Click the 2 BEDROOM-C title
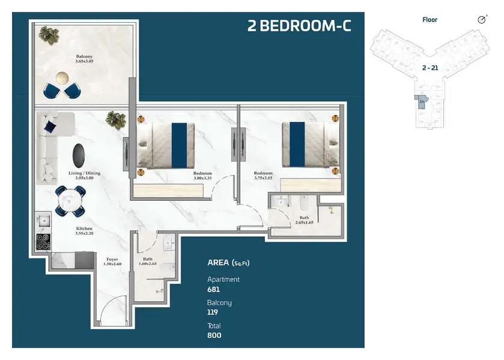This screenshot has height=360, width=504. [x=299, y=26]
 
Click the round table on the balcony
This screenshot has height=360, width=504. [x=62, y=78]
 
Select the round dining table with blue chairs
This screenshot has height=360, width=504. [x=70, y=200]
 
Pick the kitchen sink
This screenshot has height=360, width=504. [x=43, y=221]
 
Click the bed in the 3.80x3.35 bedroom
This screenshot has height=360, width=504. [x=166, y=145]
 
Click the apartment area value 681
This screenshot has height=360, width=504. [x=214, y=290]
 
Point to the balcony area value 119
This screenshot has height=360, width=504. [x=213, y=313]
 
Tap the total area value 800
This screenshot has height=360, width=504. [x=214, y=335]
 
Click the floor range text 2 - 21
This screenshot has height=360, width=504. [x=430, y=68]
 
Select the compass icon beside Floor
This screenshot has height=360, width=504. [x=481, y=20]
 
